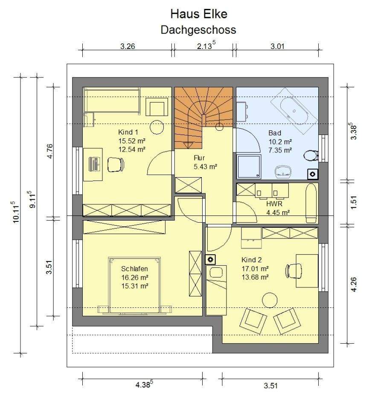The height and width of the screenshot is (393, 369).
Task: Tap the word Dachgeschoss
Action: (x=198, y=30)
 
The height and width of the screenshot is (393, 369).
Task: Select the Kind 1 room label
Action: (x=128, y=132)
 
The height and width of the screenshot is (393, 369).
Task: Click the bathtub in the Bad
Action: (x=294, y=111)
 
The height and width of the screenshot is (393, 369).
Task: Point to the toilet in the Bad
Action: (x=311, y=156)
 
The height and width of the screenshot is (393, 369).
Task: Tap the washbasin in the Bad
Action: (x=283, y=172)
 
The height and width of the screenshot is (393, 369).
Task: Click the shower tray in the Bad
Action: (x=248, y=166)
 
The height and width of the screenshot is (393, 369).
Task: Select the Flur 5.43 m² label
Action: (x=205, y=162)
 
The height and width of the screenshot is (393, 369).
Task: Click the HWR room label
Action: (x=274, y=204)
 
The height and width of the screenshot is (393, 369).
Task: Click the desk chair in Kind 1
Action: (x=116, y=165)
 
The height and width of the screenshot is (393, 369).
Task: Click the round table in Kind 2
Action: (x=270, y=300)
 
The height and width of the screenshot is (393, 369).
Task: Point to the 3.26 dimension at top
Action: (x=128, y=46)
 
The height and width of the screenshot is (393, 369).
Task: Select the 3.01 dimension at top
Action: (x=277, y=46)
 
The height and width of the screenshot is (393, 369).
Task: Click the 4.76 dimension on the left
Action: (x=50, y=151)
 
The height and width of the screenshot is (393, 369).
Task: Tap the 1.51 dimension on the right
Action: (x=354, y=202)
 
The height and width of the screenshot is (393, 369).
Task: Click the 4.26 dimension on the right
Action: (x=354, y=284)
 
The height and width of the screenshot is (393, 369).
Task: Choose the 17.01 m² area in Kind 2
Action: (x=255, y=269)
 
